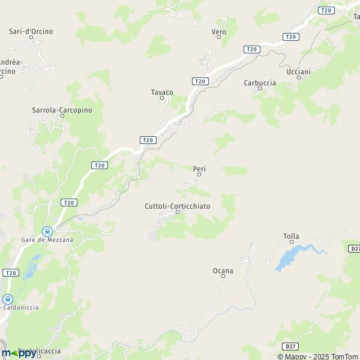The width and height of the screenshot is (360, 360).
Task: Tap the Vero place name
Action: (x=218, y=31)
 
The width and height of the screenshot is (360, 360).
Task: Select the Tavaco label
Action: (x=161, y=92)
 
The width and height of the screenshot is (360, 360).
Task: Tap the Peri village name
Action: (x=200, y=169)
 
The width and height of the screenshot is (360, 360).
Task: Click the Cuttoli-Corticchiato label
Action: (x=178, y=206)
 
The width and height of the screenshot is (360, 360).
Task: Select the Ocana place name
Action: (x=223, y=271)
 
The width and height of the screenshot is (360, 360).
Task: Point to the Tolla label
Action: (x=291, y=236)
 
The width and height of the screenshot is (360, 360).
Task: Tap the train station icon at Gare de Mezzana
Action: (x=47, y=231)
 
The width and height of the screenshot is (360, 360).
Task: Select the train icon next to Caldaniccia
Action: (x=8, y=299)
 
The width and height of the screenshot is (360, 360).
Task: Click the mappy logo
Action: (x=19, y=353)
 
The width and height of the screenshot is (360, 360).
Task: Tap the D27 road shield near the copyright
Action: (x=290, y=346)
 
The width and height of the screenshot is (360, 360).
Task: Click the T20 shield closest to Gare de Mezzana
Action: (x=68, y=203)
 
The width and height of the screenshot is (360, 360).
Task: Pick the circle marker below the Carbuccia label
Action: (x=260, y=88)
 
